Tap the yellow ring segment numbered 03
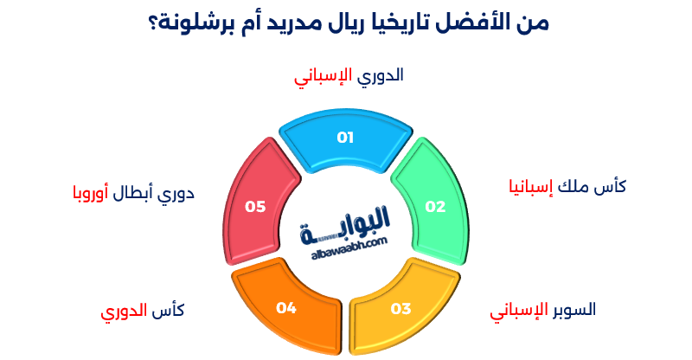tap(399, 305)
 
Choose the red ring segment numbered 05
tap(256, 203)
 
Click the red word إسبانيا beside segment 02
tap(528, 187)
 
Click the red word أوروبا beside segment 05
tap(87, 192)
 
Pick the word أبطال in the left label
tap(134, 192)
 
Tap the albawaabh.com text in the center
tap(346, 247)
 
